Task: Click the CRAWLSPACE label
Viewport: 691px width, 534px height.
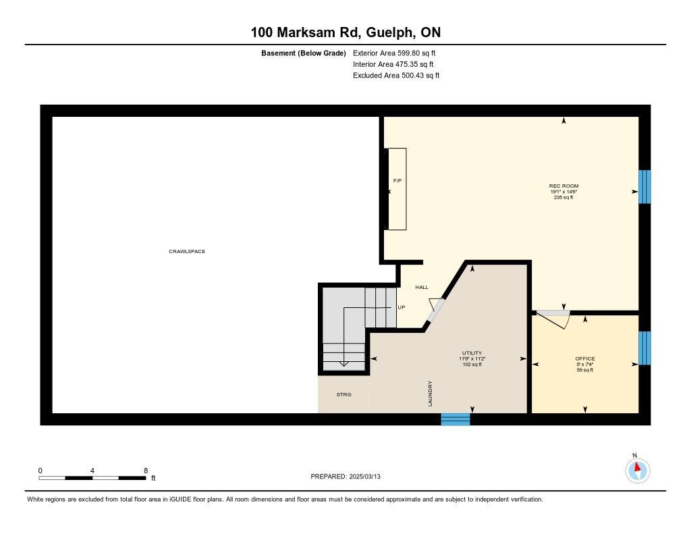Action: [x=187, y=251]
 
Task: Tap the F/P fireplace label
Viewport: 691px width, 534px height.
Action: [x=397, y=181]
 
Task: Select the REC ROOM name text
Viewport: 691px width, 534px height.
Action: [x=563, y=186]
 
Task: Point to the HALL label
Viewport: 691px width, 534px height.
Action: [x=421, y=287]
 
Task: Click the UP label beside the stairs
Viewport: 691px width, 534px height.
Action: [x=401, y=307]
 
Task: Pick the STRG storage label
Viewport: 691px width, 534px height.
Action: [x=343, y=395]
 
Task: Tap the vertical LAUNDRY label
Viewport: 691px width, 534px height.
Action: [x=430, y=394]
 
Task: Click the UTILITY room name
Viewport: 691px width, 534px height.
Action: [x=472, y=353]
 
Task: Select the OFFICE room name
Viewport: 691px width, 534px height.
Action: [x=585, y=358]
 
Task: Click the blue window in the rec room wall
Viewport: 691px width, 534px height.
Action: [x=644, y=187]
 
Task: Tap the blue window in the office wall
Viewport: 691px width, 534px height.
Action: [x=644, y=348]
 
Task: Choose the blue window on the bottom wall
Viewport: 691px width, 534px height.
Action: [x=455, y=419]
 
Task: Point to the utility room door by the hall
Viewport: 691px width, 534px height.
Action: [x=436, y=309]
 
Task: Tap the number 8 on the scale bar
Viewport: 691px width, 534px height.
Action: [x=146, y=471]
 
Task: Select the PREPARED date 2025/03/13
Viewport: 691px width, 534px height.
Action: [x=364, y=476]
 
